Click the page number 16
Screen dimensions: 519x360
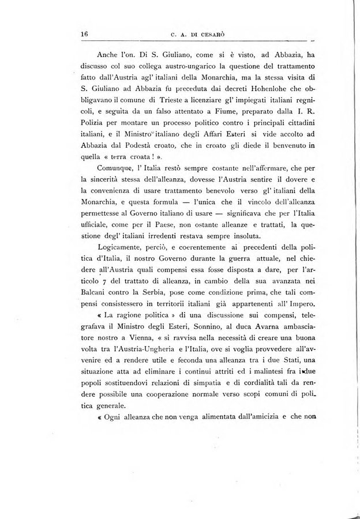(83, 33)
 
